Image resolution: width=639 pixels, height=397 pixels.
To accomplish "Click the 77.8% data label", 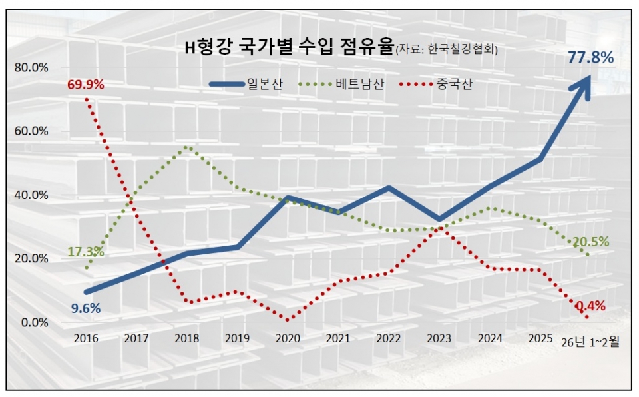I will [590, 58].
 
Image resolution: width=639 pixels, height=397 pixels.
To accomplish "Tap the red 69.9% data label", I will [85, 85].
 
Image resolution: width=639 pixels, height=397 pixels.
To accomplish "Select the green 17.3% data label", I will [85, 252].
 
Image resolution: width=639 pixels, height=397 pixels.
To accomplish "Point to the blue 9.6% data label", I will [86, 308].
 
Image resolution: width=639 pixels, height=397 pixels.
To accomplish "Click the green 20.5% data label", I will [590, 242].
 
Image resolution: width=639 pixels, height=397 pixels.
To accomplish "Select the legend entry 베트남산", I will [360, 85].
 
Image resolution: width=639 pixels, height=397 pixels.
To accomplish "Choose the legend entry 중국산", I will [455, 85].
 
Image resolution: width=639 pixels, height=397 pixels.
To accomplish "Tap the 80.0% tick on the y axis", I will [31, 67].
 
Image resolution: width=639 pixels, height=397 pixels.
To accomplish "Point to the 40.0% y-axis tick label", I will [31, 195].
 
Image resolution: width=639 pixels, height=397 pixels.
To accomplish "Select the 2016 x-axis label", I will [86, 339].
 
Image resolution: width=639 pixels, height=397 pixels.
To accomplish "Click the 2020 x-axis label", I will [288, 339].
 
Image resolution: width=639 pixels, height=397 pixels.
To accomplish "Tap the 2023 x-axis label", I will [439, 339].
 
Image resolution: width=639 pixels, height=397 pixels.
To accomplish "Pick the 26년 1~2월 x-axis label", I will [590, 342].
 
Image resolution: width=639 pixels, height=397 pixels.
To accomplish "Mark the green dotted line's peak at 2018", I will [187, 147].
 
